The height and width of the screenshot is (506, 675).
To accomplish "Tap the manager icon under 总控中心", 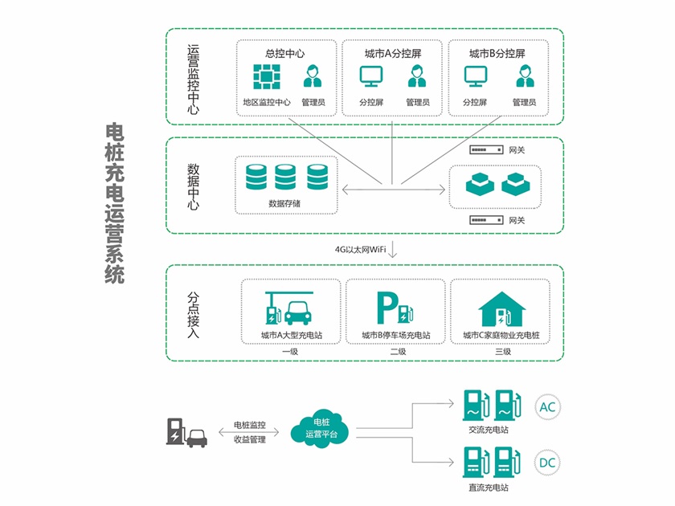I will (x=313, y=77).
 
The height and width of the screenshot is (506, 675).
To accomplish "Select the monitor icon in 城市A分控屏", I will (x=371, y=77).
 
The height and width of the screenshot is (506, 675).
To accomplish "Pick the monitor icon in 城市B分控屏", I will (x=476, y=77).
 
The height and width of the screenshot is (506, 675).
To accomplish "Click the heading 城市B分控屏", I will (x=497, y=54).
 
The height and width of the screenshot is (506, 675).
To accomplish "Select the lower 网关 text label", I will (x=517, y=220).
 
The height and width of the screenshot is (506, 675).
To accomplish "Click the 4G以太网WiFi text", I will (x=361, y=250).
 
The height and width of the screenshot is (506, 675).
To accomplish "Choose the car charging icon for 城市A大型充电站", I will (x=286, y=307).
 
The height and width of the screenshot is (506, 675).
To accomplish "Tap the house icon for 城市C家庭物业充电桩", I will (x=499, y=308).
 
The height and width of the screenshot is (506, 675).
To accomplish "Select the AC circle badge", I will (x=546, y=407).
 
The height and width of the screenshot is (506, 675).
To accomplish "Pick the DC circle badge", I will (x=546, y=463).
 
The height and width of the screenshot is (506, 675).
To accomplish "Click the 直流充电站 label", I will (x=489, y=487).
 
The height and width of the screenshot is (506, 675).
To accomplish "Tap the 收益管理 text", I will (x=249, y=439).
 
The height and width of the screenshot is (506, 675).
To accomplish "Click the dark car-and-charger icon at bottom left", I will (x=186, y=432).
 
